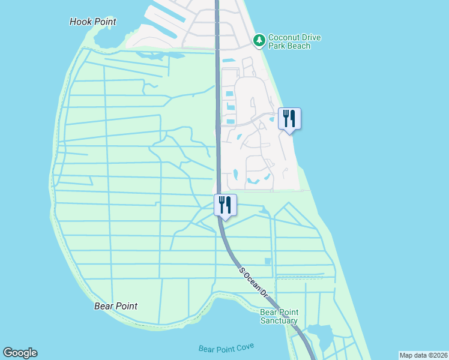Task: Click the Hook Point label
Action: tap(92, 22)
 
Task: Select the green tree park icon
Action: tap(259, 40)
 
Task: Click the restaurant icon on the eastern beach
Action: tap(290, 118)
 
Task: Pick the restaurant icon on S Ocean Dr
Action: tap(225, 205)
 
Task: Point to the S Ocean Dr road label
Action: tap(254, 283)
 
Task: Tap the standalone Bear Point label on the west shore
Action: tap(116, 306)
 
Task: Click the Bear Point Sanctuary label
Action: tap(279, 316)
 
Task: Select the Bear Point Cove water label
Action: tap(226, 348)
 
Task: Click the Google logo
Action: tap(20, 353)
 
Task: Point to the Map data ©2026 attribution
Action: tap(423, 355)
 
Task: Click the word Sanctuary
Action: tap(279, 320)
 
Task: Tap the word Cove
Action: tap(244, 347)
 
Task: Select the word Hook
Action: tap(80, 22)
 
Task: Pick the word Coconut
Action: tap(286, 37)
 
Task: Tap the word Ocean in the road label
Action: tap(253, 283)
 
